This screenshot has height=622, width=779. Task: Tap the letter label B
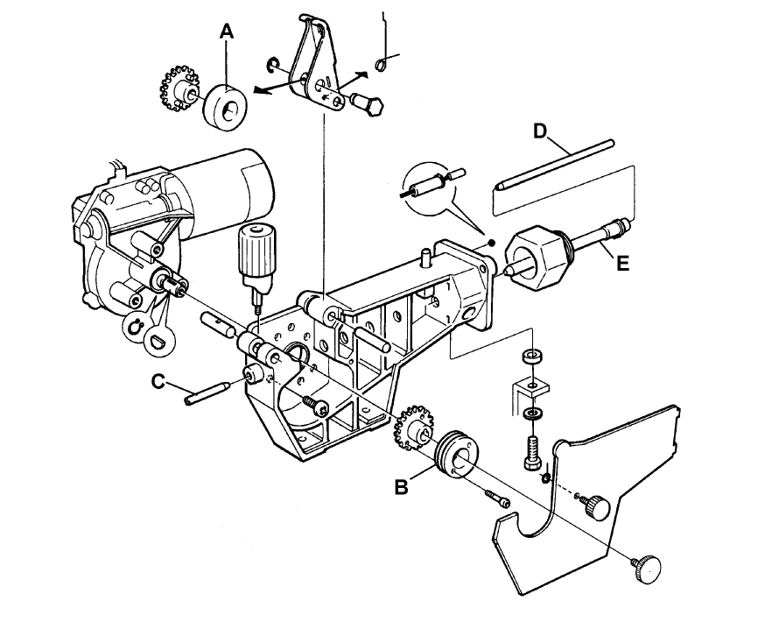pos(401,487)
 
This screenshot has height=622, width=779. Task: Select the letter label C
pos(158,381)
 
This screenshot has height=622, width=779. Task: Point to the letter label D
pos(540,131)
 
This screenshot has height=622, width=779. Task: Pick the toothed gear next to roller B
pos(414,430)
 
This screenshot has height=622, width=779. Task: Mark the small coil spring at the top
pos(382,63)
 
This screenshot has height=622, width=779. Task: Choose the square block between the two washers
pos(530,385)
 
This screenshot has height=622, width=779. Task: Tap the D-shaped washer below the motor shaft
pos(158,334)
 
